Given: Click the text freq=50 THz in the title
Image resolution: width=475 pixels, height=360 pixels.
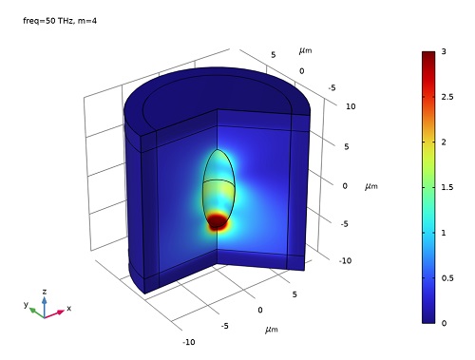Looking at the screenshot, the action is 48,21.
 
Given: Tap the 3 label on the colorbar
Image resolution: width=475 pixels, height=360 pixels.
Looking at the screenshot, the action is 444,51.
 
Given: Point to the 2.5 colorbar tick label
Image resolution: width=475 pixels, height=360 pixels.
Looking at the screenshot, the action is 447,97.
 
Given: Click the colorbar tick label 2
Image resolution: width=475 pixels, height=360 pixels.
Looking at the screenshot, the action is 444,142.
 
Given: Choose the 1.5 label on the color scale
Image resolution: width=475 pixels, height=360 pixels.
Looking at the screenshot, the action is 447,187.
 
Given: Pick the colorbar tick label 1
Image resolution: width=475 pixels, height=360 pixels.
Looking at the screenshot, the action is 444,233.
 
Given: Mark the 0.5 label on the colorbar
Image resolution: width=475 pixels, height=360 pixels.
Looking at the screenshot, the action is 447,278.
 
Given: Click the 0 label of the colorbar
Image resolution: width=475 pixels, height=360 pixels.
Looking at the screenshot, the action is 444,323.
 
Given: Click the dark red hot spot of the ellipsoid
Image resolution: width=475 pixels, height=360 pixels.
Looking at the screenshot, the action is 218,220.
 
